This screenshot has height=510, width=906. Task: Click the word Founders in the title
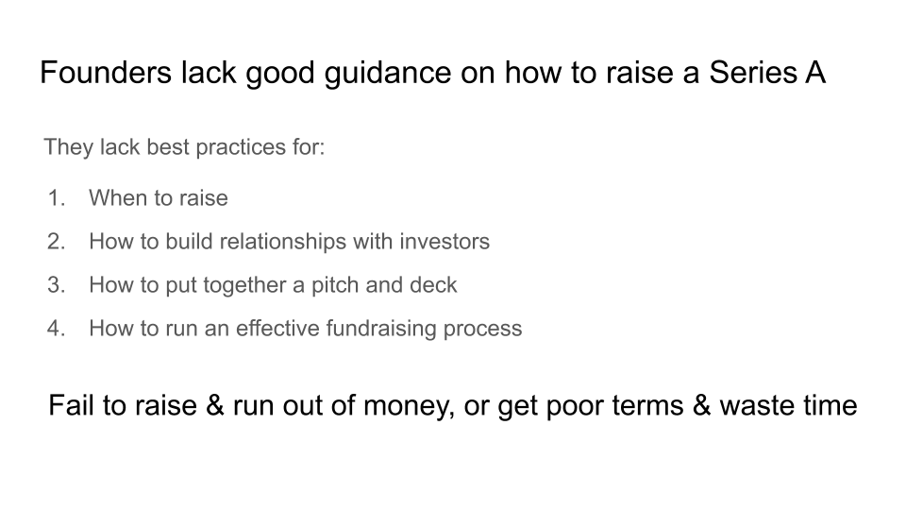coord(106,73)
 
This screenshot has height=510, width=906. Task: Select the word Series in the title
coord(753,73)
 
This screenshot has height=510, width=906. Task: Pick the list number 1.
coord(56,197)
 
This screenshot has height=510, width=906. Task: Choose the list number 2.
coord(56,241)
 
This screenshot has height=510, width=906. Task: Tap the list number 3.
coord(56,284)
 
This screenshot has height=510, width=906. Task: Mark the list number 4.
coord(56,328)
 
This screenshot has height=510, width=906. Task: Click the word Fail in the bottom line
coord(72,405)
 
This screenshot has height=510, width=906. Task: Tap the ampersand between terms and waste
coord(701,405)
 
